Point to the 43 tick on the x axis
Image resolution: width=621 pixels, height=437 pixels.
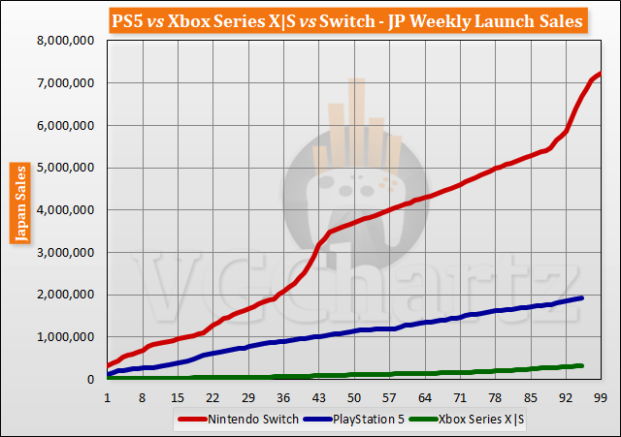click(318, 397)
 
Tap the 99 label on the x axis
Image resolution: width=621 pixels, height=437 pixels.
click(601, 397)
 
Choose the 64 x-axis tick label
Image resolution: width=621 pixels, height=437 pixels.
click(424, 397)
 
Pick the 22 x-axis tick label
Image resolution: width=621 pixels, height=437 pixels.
click(212, 397)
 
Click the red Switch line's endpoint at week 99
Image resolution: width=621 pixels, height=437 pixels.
click(601, 73)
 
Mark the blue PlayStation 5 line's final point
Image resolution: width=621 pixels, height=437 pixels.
click(581, 297)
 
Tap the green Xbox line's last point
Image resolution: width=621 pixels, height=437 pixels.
click(581, 365)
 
